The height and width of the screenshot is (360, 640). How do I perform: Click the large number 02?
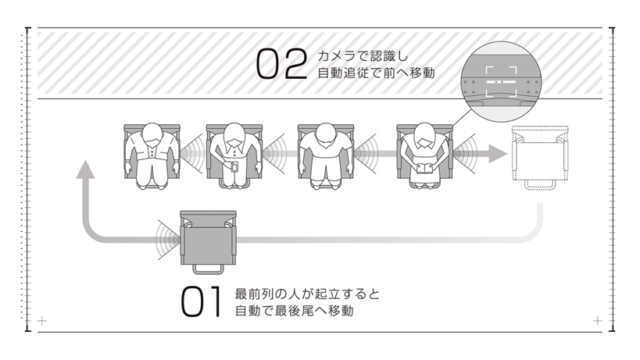(x=281, y=66)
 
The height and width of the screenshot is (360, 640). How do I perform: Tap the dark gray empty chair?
(x=208, y=238)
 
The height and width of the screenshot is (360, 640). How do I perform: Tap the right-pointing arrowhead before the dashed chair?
(x=495, y=152)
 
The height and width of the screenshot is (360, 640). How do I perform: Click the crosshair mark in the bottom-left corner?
(x=42, y=321)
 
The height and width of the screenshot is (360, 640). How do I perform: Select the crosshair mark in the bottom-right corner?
(x=598, y=321)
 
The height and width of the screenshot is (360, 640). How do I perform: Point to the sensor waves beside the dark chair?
(x=166, y=233)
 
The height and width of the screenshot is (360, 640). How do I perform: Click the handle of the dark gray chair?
(x=207, y=269)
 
